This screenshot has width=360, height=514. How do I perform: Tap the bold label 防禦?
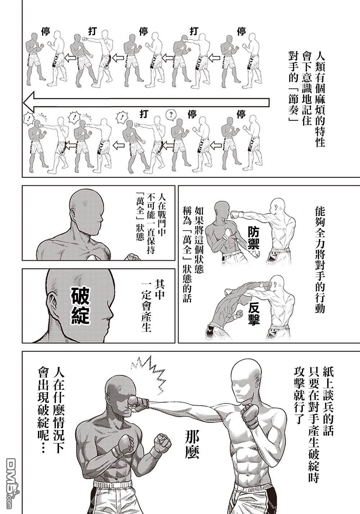254,238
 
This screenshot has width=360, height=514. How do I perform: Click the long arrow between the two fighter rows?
146,103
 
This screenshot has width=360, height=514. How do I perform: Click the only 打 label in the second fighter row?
144,114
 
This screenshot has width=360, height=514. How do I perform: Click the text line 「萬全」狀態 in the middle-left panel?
140,219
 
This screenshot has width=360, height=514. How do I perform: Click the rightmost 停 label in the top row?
241,31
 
